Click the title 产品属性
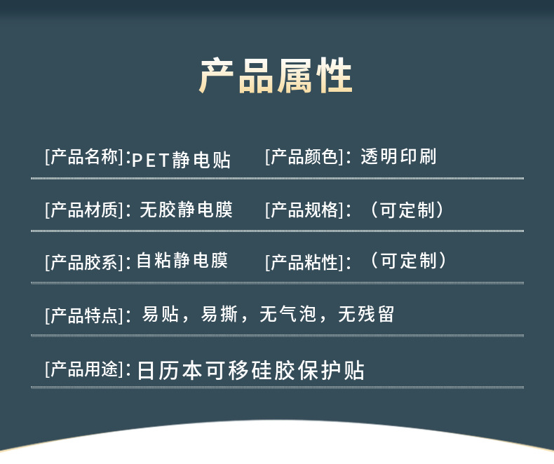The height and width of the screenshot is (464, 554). pos(276,76)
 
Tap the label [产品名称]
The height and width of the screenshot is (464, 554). pos(84,157)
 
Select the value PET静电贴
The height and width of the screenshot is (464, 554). pos(181,160)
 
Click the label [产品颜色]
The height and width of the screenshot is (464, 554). pos(304,157)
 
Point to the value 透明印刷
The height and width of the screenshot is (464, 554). pos(398,156)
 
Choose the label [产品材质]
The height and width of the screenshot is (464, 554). pos(84,210)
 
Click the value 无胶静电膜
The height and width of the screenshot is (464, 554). pos(187,210)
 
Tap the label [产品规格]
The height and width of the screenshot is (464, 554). pos(304,210)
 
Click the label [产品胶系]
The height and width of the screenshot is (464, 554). pos(84,262)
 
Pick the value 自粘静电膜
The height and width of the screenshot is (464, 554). pos(182,260)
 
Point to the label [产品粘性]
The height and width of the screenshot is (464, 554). pos(304,262)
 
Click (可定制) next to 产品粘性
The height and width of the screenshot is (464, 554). pos(409,261)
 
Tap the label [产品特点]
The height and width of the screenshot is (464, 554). pos(84,315)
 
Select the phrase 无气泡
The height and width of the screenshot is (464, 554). pos(288,314)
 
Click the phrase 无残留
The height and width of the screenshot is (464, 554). pos(366,314)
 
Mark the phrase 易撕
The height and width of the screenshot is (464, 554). pos(219,314)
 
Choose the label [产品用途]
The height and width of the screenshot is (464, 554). pos(84,369)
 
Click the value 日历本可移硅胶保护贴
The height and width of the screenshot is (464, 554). pos(251,370)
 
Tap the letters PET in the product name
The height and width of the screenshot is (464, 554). pos(151,161)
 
